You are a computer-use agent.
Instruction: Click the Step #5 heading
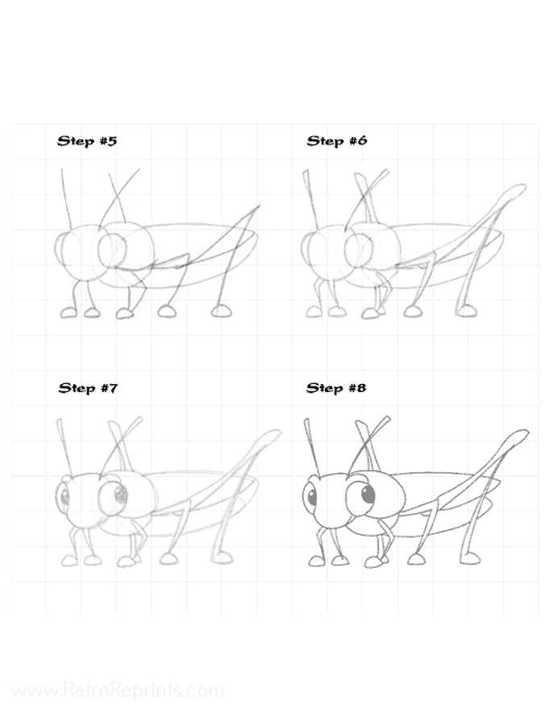[x=87, y=140]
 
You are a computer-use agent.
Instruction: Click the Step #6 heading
[x=337, y=140]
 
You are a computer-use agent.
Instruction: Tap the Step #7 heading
[x=88, y=388]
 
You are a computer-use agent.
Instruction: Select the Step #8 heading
[x=336, y=388]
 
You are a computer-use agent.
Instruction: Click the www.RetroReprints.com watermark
[x=118, y=691]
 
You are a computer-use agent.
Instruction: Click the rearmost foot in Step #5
[x=222, y=311]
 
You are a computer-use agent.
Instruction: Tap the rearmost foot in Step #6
[x=466, y=311]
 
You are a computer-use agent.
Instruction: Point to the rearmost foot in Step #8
[x=469, y=558]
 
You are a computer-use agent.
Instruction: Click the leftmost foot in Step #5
[x=69, y=312]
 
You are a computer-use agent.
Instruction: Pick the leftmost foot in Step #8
[x=317, y=561]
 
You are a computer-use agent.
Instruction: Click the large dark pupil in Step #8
[x=368, y=494]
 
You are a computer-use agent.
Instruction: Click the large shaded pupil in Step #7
[x=120, y=495]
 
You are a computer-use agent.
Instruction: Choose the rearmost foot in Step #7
[x=222, y=558]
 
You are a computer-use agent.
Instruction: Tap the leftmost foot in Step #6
[x=314, y=312]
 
